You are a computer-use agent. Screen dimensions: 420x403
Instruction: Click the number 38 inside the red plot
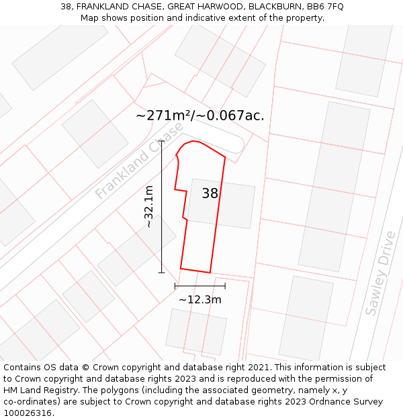pos(210,194)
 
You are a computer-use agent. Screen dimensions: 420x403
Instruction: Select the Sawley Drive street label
pos(380,273)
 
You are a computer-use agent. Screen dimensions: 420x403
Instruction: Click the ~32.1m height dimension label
pos(149,207)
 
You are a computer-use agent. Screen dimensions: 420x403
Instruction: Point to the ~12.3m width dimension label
pos(199,300)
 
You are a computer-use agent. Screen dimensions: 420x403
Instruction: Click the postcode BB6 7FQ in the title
pos(325,7)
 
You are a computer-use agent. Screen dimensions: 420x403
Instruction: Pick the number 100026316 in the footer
pos(26,413)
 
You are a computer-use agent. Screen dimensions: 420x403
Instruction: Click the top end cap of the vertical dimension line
pos(161,141)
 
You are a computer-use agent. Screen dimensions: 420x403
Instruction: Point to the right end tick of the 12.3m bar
pos(225,286)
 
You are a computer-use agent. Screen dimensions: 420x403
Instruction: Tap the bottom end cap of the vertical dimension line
pos(161,272)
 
